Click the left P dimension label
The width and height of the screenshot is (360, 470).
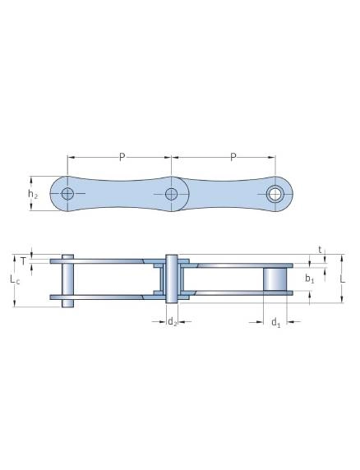[122, 157]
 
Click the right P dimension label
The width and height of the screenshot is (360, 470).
[233, 157]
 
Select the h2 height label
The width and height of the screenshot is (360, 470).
[33, 194]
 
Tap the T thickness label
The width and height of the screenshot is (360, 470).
[23, 261]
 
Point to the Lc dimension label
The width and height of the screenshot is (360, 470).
[15, 279]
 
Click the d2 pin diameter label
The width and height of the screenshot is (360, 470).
[172, 322]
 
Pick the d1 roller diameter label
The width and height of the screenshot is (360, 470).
[276, 323]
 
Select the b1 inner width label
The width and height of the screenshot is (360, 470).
[310, 279]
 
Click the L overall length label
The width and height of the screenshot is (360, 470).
[343, 279]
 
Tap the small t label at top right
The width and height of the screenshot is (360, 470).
[320, 250]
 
